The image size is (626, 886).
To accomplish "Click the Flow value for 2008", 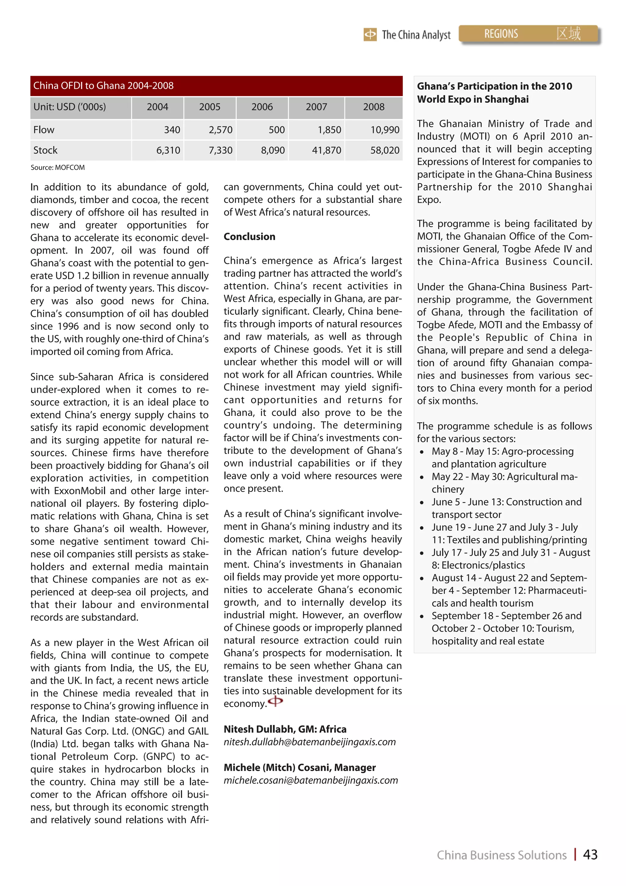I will (x=385, y=130).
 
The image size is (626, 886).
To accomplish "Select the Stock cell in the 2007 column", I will (x=326, y=150).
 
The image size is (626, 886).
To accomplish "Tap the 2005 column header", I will (x=209, y=107).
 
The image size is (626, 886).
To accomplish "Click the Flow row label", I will (x=44, y=130).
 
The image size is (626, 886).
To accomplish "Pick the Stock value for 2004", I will (x=168, y=150).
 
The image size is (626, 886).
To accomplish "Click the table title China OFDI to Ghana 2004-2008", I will (x=103, y=86).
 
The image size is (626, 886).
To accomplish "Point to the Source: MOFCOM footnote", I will (x=58, y=168).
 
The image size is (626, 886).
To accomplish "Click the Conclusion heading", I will (x=249, y=236).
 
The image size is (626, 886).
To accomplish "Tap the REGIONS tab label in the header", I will (x=501, y=34).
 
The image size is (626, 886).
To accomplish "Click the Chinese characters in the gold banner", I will (x=568, y=34).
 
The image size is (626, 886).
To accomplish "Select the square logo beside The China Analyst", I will (x=370, y=35).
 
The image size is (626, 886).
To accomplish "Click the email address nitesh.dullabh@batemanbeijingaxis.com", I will (x=309, y=742).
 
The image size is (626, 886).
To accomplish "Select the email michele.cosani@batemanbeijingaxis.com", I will (x=311, y=780).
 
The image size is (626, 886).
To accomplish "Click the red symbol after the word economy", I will (x=275, y=701).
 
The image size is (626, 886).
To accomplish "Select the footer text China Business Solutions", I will (x=501, y=855).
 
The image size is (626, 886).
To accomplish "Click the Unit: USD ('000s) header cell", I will (x=69, y=107).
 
